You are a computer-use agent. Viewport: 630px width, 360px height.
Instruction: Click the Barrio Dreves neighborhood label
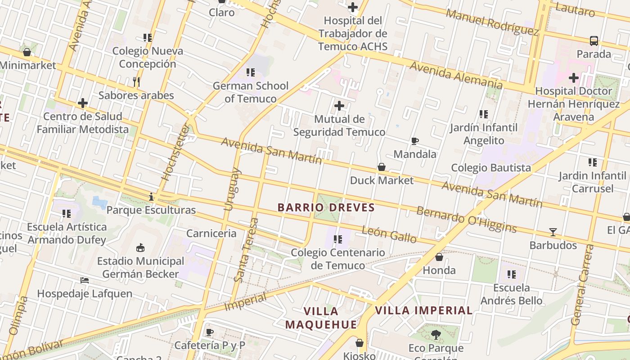click(326, 207)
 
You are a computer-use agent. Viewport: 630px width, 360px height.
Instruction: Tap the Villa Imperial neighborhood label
click(423, 310)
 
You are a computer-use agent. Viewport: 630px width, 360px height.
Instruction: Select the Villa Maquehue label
click(321, 318)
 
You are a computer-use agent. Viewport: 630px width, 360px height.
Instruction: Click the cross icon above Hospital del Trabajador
click(353, 7)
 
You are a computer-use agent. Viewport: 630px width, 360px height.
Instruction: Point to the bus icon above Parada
click(594, 41)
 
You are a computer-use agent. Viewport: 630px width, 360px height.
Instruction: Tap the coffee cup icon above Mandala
click(415, 141)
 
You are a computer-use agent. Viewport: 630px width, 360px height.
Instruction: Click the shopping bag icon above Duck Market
click(382, 167)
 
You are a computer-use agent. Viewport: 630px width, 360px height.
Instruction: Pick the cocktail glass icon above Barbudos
click(553, 232)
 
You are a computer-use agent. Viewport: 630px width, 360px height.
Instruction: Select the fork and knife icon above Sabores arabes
click(136, 82)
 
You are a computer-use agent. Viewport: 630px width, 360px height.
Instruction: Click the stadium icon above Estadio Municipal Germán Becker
click(140, 247)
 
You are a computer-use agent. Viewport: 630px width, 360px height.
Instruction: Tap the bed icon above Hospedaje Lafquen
click(85, 280)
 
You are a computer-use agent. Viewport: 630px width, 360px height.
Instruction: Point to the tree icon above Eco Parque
click(436, 335)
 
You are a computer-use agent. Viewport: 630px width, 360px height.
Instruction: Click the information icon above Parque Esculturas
click(151, 197)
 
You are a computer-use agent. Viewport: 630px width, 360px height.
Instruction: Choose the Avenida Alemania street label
click(456, 75)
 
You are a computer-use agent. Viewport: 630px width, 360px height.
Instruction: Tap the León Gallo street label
click(389, 235)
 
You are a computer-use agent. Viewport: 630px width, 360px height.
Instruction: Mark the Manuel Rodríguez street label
click(492, 22)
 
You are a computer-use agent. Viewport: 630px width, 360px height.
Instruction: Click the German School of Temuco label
click(251, 92)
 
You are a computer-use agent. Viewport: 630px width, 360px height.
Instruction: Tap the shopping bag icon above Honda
click(439, 257)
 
